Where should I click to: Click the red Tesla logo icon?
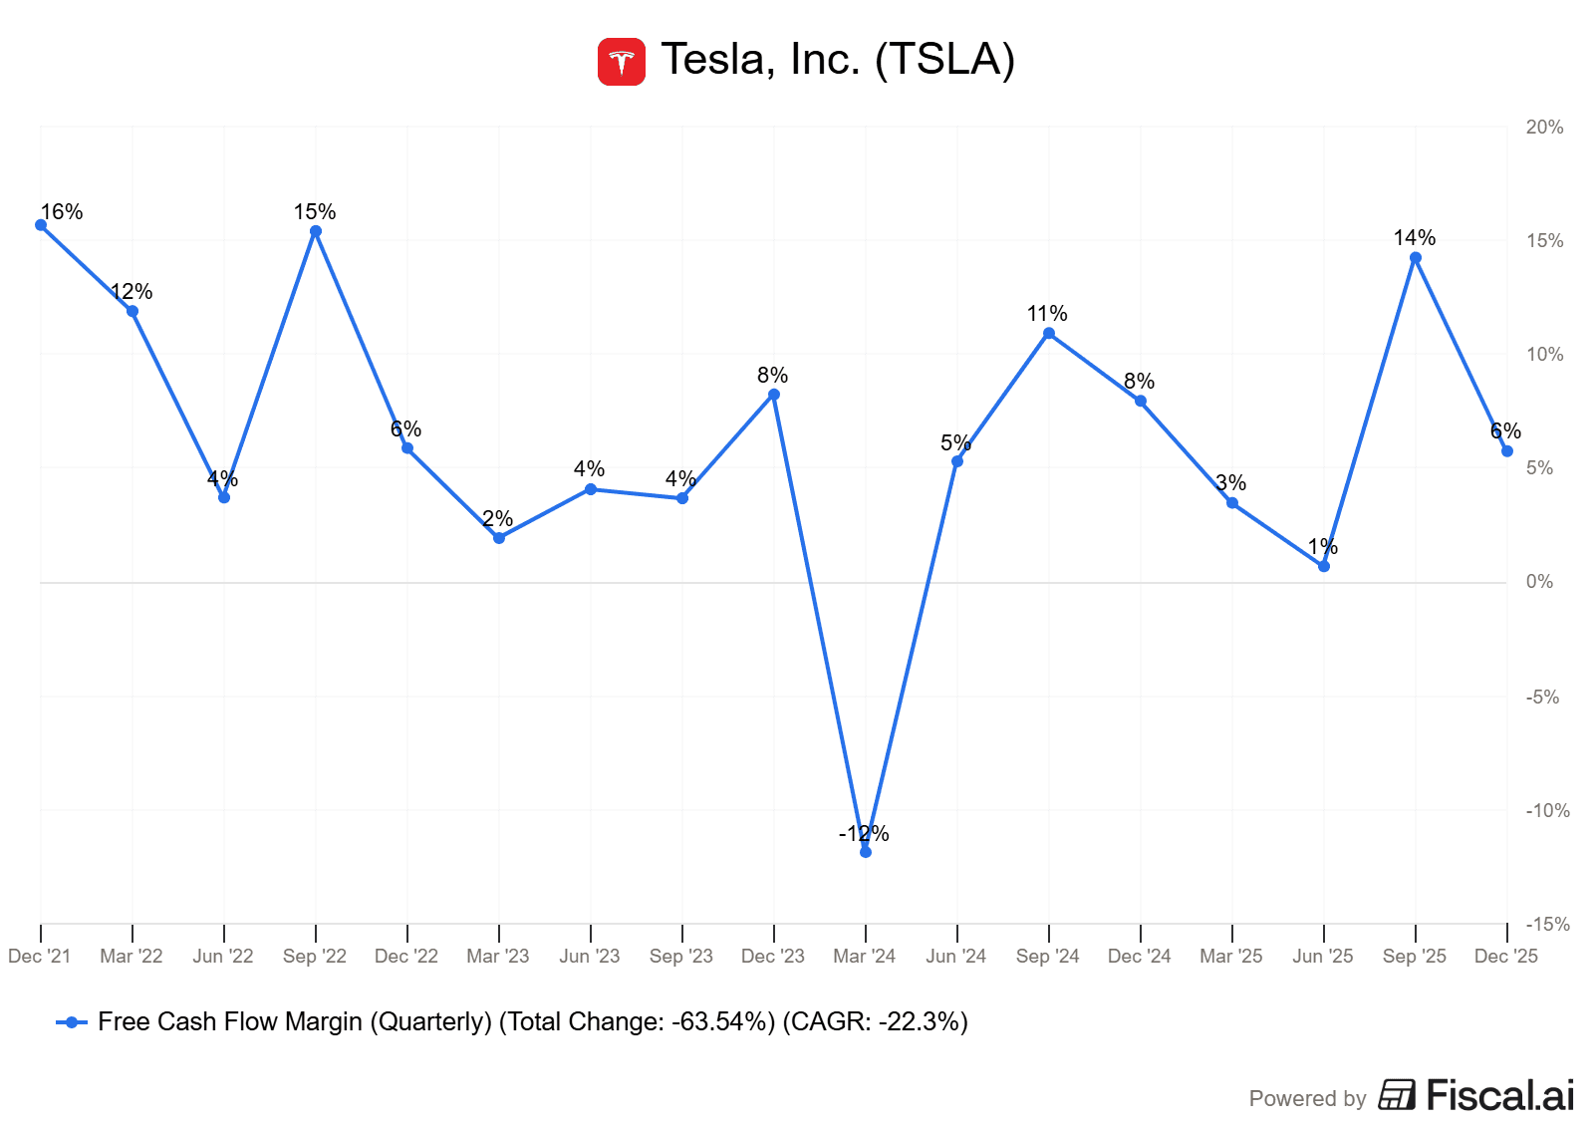click(x=621, y=62)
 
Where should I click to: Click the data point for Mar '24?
click(x=866, y=852)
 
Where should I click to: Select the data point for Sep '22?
click(x=316, y=231)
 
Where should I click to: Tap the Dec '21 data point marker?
click(x=41, y=225)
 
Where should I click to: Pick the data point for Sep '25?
click(x=1416, y=258)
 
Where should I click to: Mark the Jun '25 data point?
click(x=1324, y=566)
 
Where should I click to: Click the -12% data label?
click(x=864, y=833)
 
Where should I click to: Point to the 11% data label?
click(x=1047, y=313)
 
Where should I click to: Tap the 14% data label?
click(x=1415, y=237)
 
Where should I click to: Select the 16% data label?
click(x=62, y=211)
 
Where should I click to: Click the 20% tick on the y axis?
click(x=1544, y=127)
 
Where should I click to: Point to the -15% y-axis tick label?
click(x=1547, y=924)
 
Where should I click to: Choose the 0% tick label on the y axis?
click(x=1539, y=582)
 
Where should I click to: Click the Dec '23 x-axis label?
click(x=773, y=957)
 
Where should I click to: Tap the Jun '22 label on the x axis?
click(x=223, y=957)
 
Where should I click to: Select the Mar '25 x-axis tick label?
click(x=1231, y=957)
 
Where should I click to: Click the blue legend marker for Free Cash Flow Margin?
click(x=71, y=1022)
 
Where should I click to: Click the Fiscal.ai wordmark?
click(x=1499, y=1095)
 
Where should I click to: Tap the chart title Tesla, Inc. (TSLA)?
click(x=838, y=59)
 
